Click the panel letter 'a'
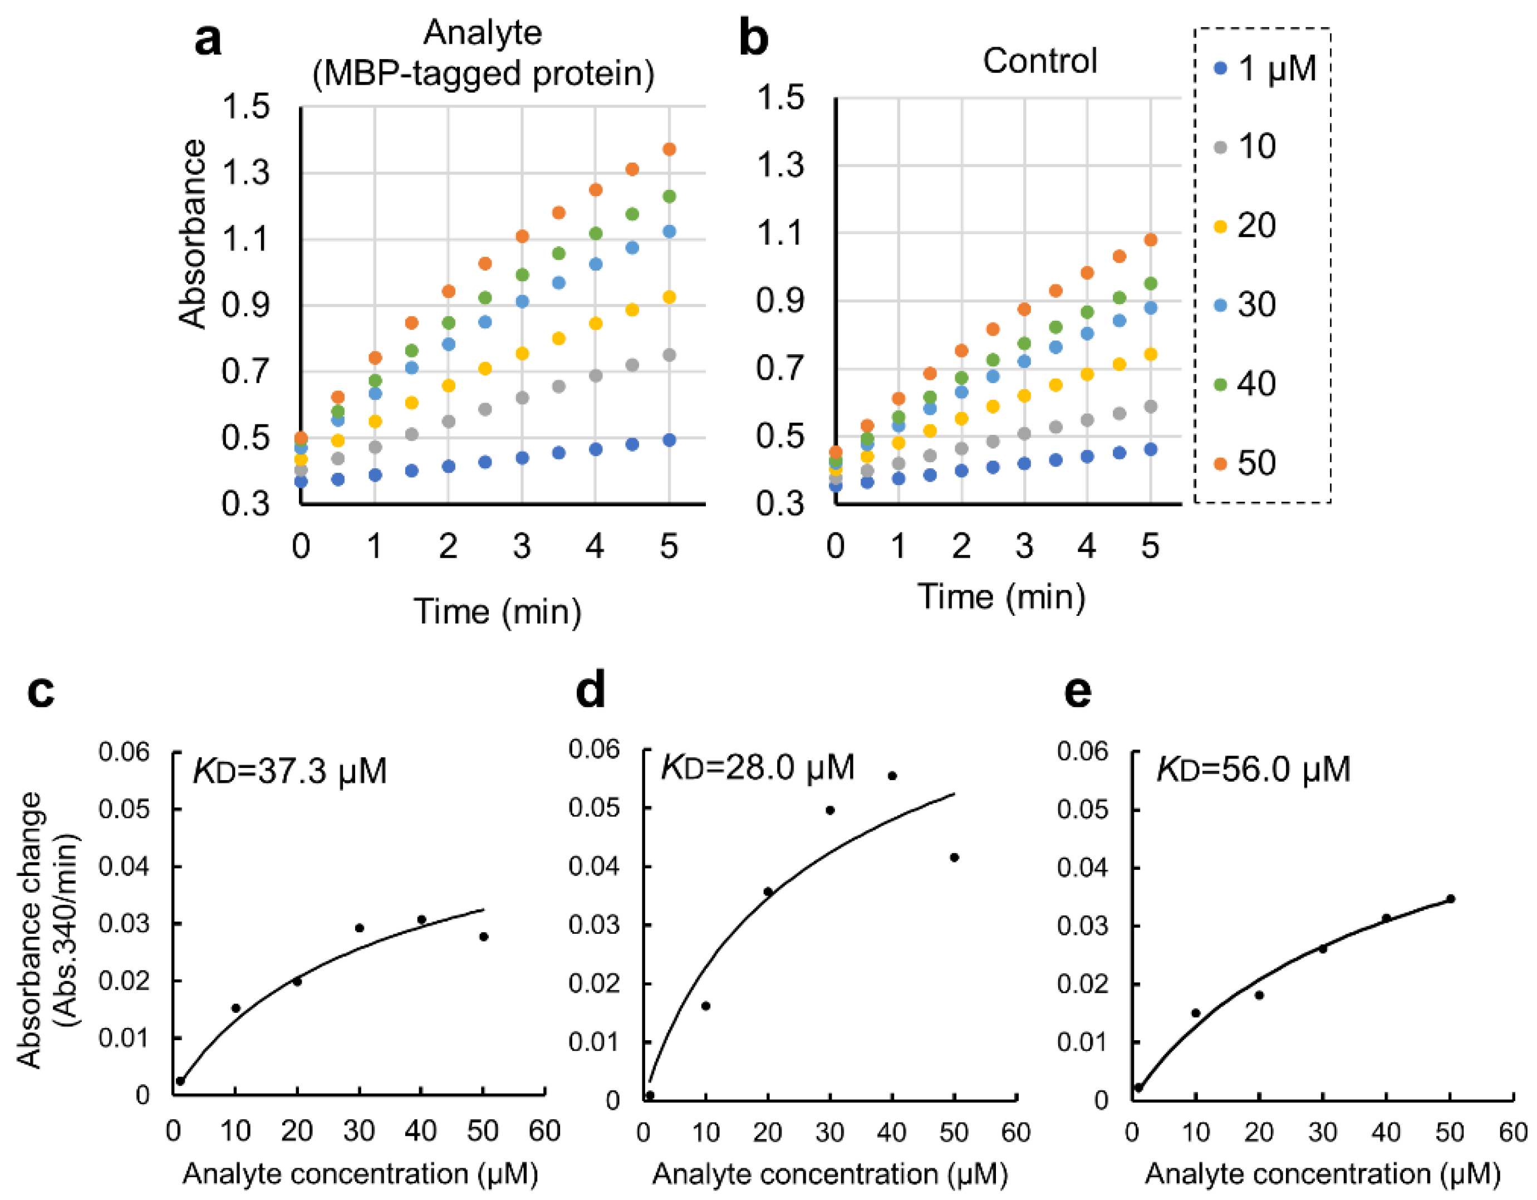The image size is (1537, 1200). click(x=208, y=40)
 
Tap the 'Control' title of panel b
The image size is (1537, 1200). click(x=1039, y=61)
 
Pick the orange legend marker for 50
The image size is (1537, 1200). click(x=1221, y=463)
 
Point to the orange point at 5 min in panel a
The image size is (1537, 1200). click(x=669, y=149)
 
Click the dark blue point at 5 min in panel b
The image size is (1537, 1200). click(x=1151, y=449)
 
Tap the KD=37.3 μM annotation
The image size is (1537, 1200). click(x=290, y=771)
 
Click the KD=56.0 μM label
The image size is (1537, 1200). click(x=1254, y=768)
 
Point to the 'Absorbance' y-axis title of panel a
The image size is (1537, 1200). click(x=192, y=234)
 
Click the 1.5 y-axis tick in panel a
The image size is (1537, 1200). click(x=245, y=107)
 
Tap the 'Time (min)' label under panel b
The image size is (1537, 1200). click(x=1001, y=597)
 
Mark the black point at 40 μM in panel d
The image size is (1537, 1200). click(x=892, y=776)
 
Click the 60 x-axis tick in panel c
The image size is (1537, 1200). click(x=544, y=1131)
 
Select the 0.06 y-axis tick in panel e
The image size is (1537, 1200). click(x=1082, y=751)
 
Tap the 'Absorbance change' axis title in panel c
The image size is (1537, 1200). click(x=30, y=929)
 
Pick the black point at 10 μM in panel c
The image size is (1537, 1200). click(x=236, y=1008)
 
